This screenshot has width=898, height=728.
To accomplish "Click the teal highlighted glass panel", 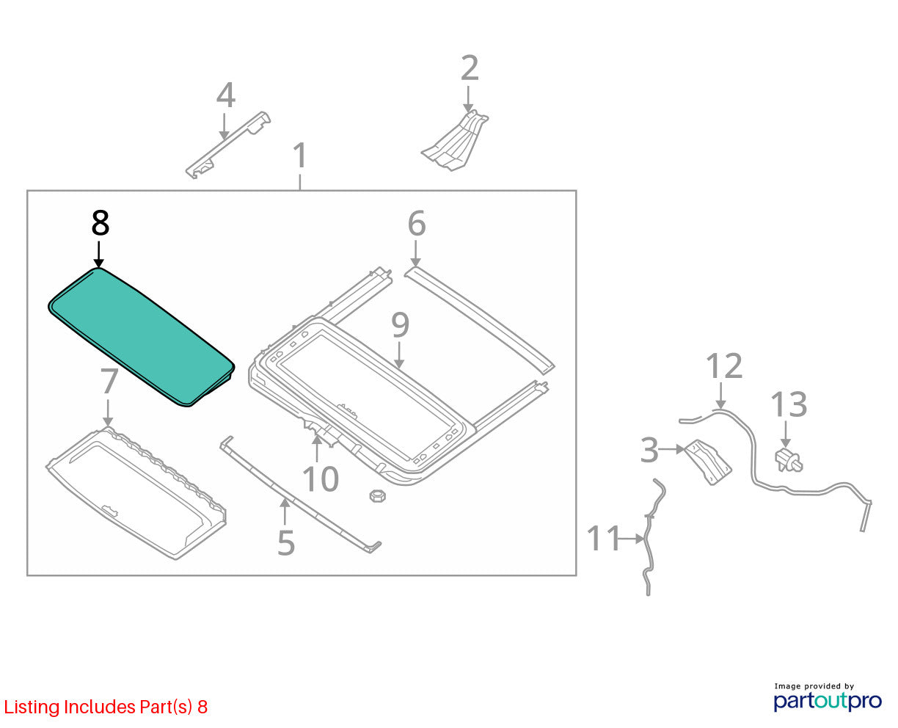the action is pyautogui.click(x=142, y=338).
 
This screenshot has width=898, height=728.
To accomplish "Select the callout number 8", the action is pyautogui.click(x=101, y=223).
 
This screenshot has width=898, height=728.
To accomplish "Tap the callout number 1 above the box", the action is pyautogui.click(x=300, y=156).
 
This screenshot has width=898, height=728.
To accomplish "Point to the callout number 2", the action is pyautogui.click(x=470, y=68).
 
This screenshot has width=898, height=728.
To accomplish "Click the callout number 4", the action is pyautogui.click(x=225, y=95).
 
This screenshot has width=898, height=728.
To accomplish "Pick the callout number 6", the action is pyautogui.click(x=417, y=223).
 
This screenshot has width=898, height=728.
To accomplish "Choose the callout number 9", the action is pyautogui.click(x=400, y=325).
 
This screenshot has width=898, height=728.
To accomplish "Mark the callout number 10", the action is pyautogui.click(x=321, y=479).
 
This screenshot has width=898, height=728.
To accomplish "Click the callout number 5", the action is pyautogui.click(x=286, y=543).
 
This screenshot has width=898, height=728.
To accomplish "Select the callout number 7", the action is pyautogui.click(x=109, y=382).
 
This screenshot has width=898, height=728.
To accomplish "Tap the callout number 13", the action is pyautogui.click(x=789, y=404).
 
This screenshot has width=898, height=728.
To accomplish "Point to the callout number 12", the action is pyautogui.click(x=724, y=365).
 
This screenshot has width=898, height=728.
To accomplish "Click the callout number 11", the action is pyautogui.click(x=603, y=539).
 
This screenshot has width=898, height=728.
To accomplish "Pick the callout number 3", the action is pyautogui.click(x=649, y=451).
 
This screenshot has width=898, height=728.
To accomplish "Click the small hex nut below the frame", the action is pyautogui.click(x=377, y=496).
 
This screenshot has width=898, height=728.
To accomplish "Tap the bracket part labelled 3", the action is pyautogui.click(x=708, y=462).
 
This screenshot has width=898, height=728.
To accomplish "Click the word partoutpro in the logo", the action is pyautogui.click(x=828, y=701).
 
